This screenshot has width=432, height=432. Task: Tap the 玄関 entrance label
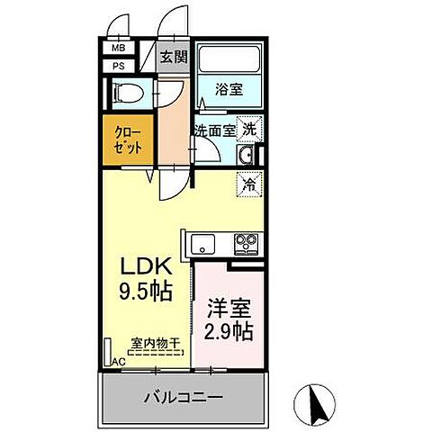(173, 58)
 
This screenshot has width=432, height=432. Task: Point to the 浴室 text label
(229, 89)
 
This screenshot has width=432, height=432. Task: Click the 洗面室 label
(214, 130)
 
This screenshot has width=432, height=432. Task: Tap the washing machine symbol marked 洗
(248, 129)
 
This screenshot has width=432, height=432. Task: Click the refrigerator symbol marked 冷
(248, 184)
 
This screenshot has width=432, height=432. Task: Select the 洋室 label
(226, 306)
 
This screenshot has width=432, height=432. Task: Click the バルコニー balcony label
(184, 396)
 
